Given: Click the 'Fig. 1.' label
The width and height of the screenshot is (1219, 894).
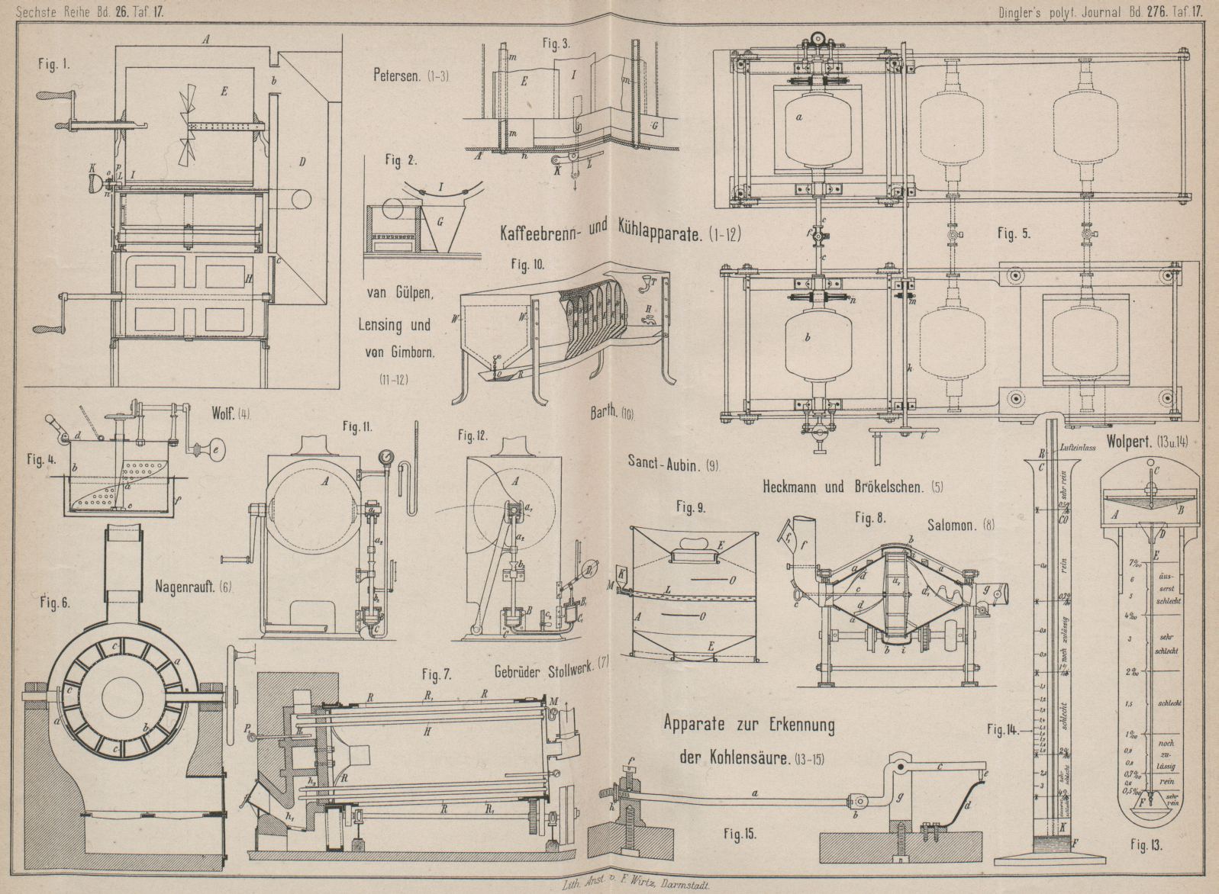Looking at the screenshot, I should [x=53, y=65].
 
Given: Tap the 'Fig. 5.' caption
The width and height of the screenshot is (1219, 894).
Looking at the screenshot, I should [x=1014, y=234].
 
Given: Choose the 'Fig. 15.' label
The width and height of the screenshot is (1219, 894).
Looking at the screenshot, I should [x=740, y=834].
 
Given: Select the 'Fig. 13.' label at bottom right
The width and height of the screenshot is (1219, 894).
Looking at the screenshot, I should [x=1146, y=844].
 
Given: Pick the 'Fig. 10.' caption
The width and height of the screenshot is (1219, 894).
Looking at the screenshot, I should [x=527, y=265].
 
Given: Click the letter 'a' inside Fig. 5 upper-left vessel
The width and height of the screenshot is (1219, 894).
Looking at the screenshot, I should [x=799, y=117].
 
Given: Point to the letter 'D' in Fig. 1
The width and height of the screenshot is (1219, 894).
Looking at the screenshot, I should [x=302, y=162].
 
